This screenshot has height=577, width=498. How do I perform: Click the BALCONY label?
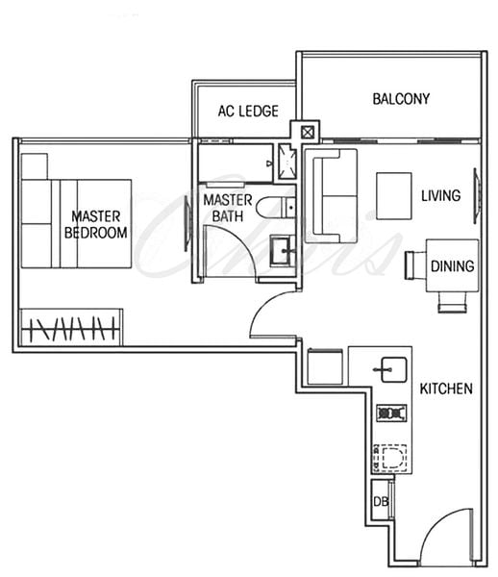(401, 99)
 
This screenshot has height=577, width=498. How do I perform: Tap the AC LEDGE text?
(248, 111)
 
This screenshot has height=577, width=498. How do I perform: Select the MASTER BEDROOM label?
(95, 224)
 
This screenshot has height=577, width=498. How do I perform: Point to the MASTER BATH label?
(228, 208)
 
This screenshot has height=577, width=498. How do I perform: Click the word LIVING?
(440, 195)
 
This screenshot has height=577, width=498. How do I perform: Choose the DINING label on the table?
(453, 266)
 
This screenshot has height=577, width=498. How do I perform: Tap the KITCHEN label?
(446, 389)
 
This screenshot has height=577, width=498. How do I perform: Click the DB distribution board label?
(381, 501)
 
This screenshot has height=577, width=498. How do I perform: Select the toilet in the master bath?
(276, 208)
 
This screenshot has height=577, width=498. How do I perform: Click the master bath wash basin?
(282, 251)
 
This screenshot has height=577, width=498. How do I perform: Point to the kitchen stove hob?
(391, 413)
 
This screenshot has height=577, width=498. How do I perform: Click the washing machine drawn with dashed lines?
(390, 458)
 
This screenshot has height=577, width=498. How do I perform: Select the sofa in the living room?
(331, 196)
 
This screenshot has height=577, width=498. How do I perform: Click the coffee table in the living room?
(393, 196)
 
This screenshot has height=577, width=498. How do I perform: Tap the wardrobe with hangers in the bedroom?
(71, 327)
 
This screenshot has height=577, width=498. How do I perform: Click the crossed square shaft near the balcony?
(307, 132)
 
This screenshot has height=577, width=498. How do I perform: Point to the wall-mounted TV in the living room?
(477, 196)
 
